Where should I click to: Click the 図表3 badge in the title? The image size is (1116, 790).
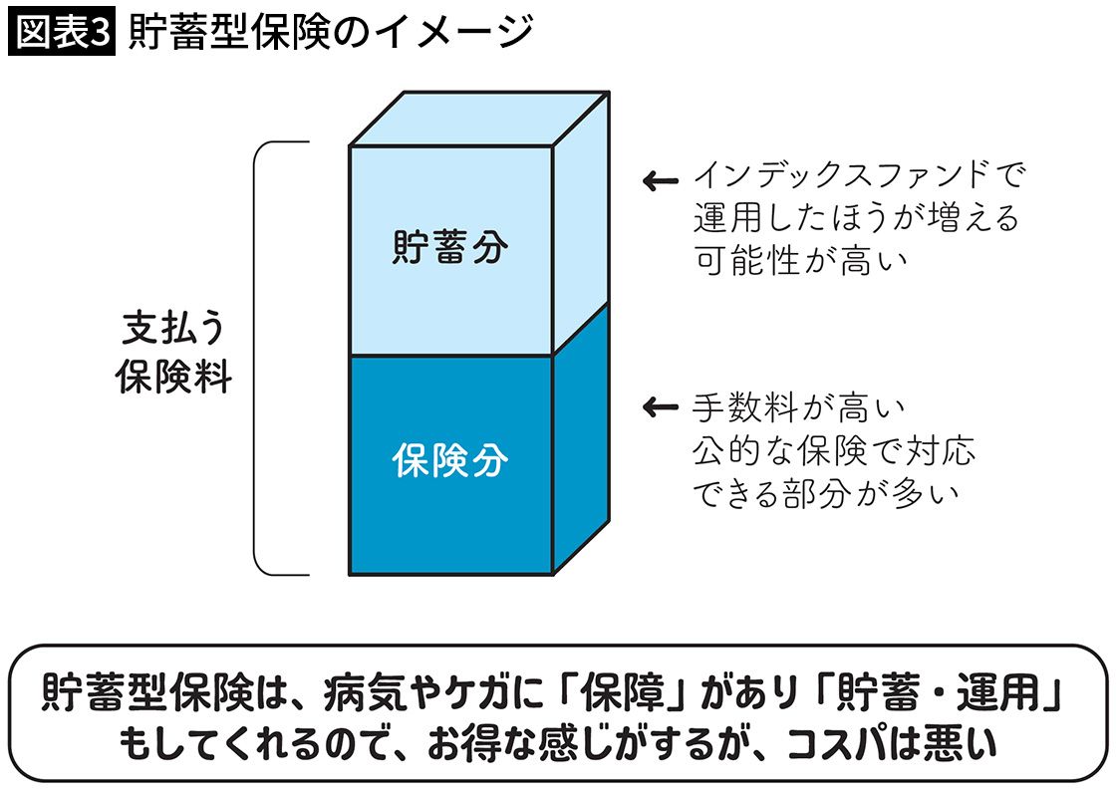(x=62, y=32)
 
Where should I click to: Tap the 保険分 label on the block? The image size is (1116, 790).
(x=450, y=461)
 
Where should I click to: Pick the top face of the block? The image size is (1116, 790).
(x=478, y=119)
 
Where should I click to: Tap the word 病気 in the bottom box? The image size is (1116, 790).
(x=353, y=691)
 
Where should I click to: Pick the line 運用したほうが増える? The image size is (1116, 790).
(x=856, y=219)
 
